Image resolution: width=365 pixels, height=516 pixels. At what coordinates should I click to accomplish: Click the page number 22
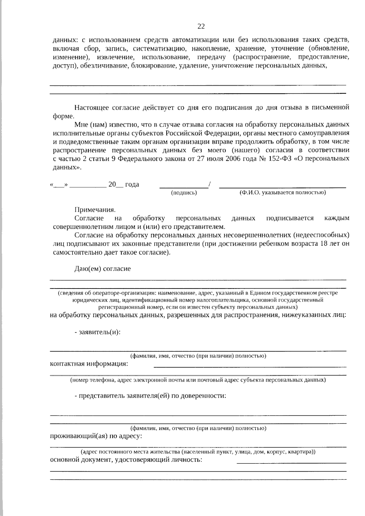[201, 26]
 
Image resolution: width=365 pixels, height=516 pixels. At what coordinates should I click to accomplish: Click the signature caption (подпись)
[184, 193]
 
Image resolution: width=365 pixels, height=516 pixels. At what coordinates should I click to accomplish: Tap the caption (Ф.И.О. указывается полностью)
[283, 192]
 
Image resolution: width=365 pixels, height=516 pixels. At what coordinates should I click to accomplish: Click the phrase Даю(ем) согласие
[103, 269]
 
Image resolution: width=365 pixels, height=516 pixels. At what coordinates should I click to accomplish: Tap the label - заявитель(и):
[98, 332]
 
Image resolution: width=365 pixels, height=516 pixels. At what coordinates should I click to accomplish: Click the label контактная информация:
[89, 364]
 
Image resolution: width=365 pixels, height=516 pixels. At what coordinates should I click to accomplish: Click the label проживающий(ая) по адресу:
[96, 436]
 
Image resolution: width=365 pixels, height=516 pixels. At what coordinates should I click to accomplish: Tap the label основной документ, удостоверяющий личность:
[126, 460]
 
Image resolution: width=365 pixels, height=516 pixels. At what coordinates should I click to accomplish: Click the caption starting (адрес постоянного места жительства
[198, 452]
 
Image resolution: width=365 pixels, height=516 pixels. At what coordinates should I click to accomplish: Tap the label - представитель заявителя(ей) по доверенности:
[150, 396]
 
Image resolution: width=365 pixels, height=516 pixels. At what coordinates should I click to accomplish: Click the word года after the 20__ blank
[132, 184]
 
